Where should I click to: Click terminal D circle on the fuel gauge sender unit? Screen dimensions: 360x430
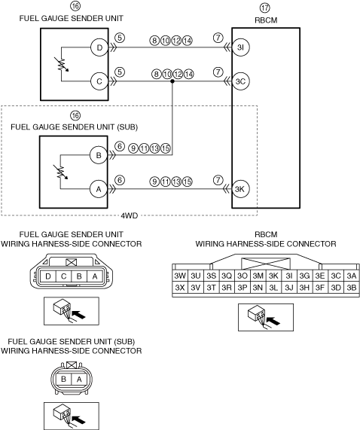tap(99, 47)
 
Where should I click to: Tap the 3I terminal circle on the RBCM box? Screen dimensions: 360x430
tap(240, 47)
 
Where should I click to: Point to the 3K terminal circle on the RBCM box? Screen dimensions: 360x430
tap(240, 189)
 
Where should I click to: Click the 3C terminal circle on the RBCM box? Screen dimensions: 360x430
tap(240, 81)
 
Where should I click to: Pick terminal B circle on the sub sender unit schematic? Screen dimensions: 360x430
tap(99, 155)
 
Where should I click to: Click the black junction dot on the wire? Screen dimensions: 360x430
tap(172, 81)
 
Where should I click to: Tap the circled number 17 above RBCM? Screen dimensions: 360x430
tap(265, 8)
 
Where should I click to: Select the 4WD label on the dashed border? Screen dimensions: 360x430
tap(129, 215)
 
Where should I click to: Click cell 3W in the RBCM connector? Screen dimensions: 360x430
tap(180, 276)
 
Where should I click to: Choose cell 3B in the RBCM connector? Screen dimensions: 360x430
tap(352, 288)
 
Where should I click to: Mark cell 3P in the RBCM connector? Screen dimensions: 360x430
tap(243, 288)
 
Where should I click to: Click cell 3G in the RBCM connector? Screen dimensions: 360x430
tap(304, 276)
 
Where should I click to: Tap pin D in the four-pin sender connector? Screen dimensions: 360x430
tap(48, 276)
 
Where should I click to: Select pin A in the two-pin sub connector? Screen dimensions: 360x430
tap(79, 380)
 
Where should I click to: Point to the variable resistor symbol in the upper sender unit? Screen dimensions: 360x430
tap(63, 65)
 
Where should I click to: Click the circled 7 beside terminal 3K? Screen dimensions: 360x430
tap(218, 180)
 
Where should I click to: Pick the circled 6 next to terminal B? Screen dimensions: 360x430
tap(120, 146)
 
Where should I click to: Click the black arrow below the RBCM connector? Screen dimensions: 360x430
tap(273, 321)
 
